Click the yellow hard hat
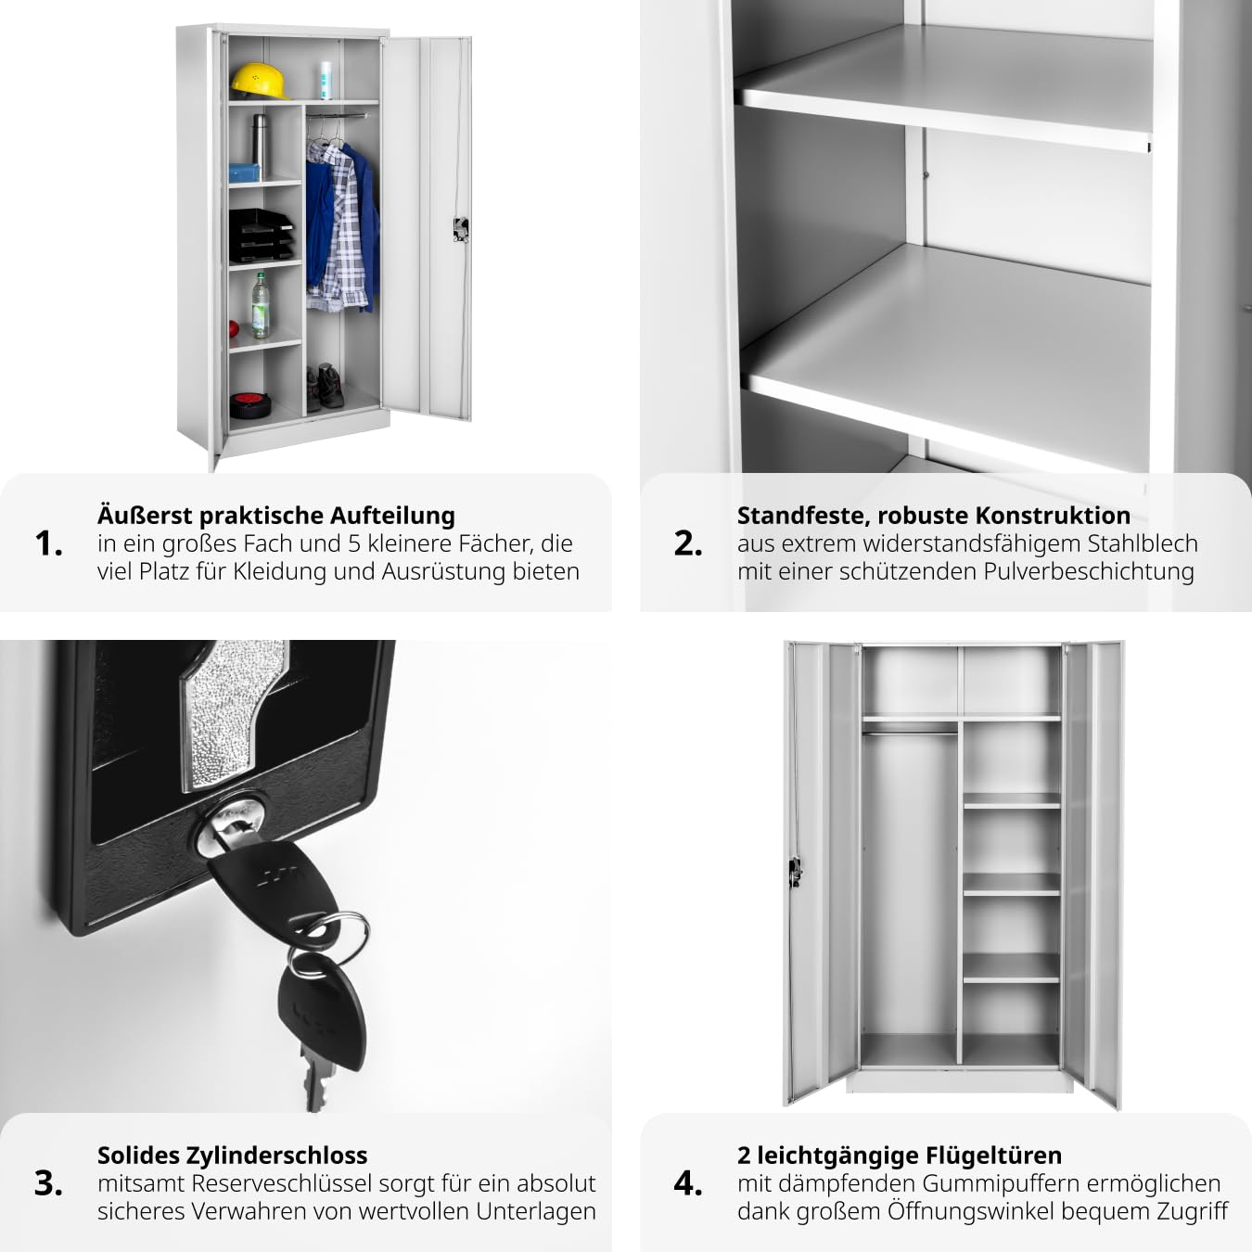260,82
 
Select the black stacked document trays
261,236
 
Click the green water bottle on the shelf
261,305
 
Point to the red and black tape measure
250,404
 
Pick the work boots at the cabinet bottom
325,387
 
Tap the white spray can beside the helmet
326,80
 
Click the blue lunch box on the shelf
244,172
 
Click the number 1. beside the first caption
49,543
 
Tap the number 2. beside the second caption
688,543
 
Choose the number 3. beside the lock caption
49,1183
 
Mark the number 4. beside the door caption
688,1183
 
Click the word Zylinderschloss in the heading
276,1156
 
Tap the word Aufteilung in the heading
392,516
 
